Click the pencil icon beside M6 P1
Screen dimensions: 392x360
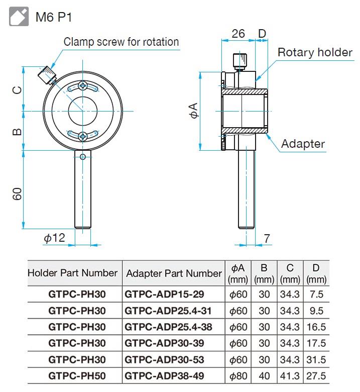pyautogui.click(x=19, y=17)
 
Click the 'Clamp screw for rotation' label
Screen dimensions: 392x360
pyautogui.click(x=121, y=42)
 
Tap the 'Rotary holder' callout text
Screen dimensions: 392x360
pyautogui.click(x=315, y=52)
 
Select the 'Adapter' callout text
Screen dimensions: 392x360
pyautogui.click(x=303, y=144)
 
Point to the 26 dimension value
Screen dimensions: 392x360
pyautogui.click(x=238, y=34)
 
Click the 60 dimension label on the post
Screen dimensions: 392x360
pyautogui.click(x=17, y=193)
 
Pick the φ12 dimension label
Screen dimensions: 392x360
pyautogui.click(x=54, y=238)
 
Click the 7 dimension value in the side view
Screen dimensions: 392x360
pyautogui.click(x=267, y=238)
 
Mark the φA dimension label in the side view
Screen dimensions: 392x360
pyautogui.click(x=194, y=111)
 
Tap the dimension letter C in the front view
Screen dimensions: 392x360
pyautogui.click(x=17, y=90)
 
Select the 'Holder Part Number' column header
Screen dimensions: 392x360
pyautogui.click(x=72, y=273)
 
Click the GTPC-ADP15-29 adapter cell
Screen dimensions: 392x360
pyautogui.click(x=165, y=294)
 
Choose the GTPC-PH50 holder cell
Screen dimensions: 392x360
pyautogui.click(x=77, y=376)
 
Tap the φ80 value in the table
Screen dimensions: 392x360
pyautogui.click(x=238, y=376)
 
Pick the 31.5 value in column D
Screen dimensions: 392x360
pyautogui.click(x=316, y=360)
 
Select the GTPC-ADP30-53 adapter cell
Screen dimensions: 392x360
pyautogui.click(x=165, y=360)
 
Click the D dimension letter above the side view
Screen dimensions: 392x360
pyautogui.click(x=262, y=34)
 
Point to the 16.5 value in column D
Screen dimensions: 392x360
pyautogui.click(x=316, y=327)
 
